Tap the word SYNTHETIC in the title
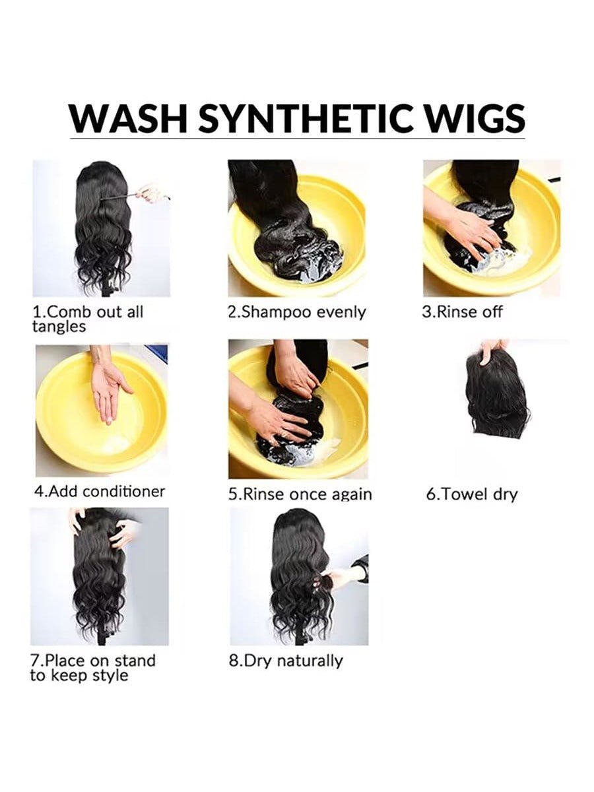[x=305, y=118]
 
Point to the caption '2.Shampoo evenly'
[x=297, y=312]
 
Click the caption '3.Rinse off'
[x=463, y=312]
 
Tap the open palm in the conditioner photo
[x=108, y=393]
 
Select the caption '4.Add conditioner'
[x=100, y=491]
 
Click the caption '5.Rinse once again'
[x=300, y=494]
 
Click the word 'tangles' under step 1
[x=59, y=327]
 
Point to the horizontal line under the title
[x=297, y=138]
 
